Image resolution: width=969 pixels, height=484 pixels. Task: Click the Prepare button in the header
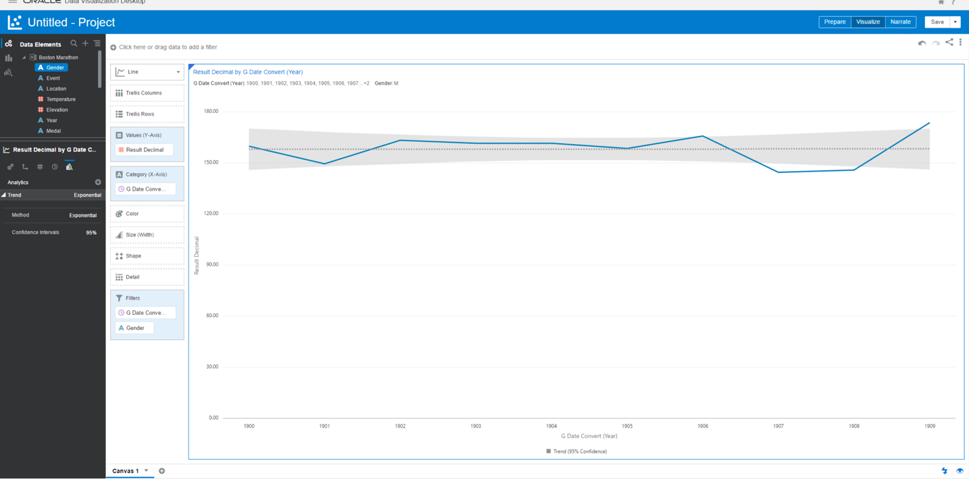[x=835, y=22]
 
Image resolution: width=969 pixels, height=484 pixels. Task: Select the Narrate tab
[x=900, y=22]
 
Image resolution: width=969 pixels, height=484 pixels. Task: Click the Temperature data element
[x=60, y=99]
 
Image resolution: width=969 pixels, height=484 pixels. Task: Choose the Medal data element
[x=53, y=131]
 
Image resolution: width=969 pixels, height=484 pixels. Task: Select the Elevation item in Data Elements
[x=57, y=110]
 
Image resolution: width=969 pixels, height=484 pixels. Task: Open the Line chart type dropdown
[x=147, y=72]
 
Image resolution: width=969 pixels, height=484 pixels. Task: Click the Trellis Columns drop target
[x=147, y=93]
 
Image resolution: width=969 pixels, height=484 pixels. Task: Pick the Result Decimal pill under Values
[x=145, y=150]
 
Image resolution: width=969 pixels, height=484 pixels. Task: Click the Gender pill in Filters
[x=135, y=328]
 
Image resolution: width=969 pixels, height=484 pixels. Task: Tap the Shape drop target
[x=147, y=256]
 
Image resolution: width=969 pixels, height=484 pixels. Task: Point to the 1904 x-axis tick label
[x=551, y=426]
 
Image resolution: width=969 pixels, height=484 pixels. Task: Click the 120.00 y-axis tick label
[x=212, y=214]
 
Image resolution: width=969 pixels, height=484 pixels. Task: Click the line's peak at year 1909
[x=930, y=123]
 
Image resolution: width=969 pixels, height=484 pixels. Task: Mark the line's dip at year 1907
[x=778, y=172]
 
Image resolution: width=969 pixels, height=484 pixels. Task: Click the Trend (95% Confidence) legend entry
[x=579, y=452]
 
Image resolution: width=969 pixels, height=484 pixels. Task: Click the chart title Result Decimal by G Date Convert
[x=248, y=72]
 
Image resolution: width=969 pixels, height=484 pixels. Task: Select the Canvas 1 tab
[x=126, y=471]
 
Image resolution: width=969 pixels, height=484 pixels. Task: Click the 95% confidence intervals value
[x=91, y=233]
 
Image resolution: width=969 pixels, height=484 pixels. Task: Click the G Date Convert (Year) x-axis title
[x=589, y=436]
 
